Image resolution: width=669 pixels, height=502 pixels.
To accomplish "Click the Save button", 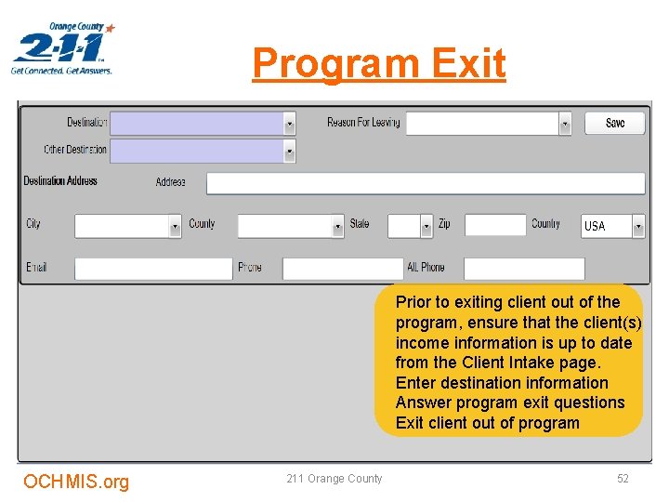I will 614,123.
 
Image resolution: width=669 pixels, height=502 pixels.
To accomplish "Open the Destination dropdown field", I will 203,124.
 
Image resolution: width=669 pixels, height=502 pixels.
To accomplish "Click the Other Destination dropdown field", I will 203,150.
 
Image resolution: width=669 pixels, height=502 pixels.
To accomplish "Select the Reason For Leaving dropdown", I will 488,123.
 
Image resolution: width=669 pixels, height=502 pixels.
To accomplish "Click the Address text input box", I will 425,183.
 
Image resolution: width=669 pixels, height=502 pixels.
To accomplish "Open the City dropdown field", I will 127,226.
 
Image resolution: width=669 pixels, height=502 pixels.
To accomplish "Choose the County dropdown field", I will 290,226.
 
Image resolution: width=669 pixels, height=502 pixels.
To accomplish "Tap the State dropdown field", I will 410,226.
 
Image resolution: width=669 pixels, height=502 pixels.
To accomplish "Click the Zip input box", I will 494,225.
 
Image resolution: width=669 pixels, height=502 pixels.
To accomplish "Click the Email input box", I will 152,269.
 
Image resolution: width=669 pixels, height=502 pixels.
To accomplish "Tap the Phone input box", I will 342,269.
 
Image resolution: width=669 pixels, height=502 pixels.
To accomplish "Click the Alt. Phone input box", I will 523,269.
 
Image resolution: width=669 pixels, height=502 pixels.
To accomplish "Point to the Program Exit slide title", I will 379,63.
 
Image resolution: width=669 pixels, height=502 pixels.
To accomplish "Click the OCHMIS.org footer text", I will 76,481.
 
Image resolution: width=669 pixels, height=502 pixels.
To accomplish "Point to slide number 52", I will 623,479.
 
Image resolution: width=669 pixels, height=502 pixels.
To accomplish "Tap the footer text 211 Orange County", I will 334,479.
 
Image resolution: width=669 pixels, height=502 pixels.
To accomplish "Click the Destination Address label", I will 60,180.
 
